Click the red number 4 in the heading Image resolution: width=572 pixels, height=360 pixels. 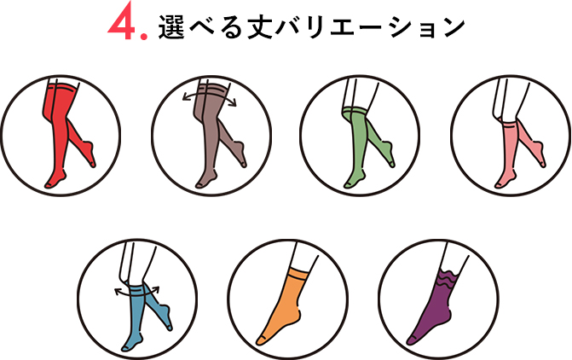click(x=122, y=25)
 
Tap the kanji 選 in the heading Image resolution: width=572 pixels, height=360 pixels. click(x=171, y=27)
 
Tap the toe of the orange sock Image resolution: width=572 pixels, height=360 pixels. click(x=261, y=340)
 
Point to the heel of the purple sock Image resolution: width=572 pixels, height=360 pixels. click(x=452, y=315)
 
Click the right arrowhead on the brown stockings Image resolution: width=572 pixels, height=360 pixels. click(x=233, y=103)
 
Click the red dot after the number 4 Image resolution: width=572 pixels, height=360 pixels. click(x=144, y=36)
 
